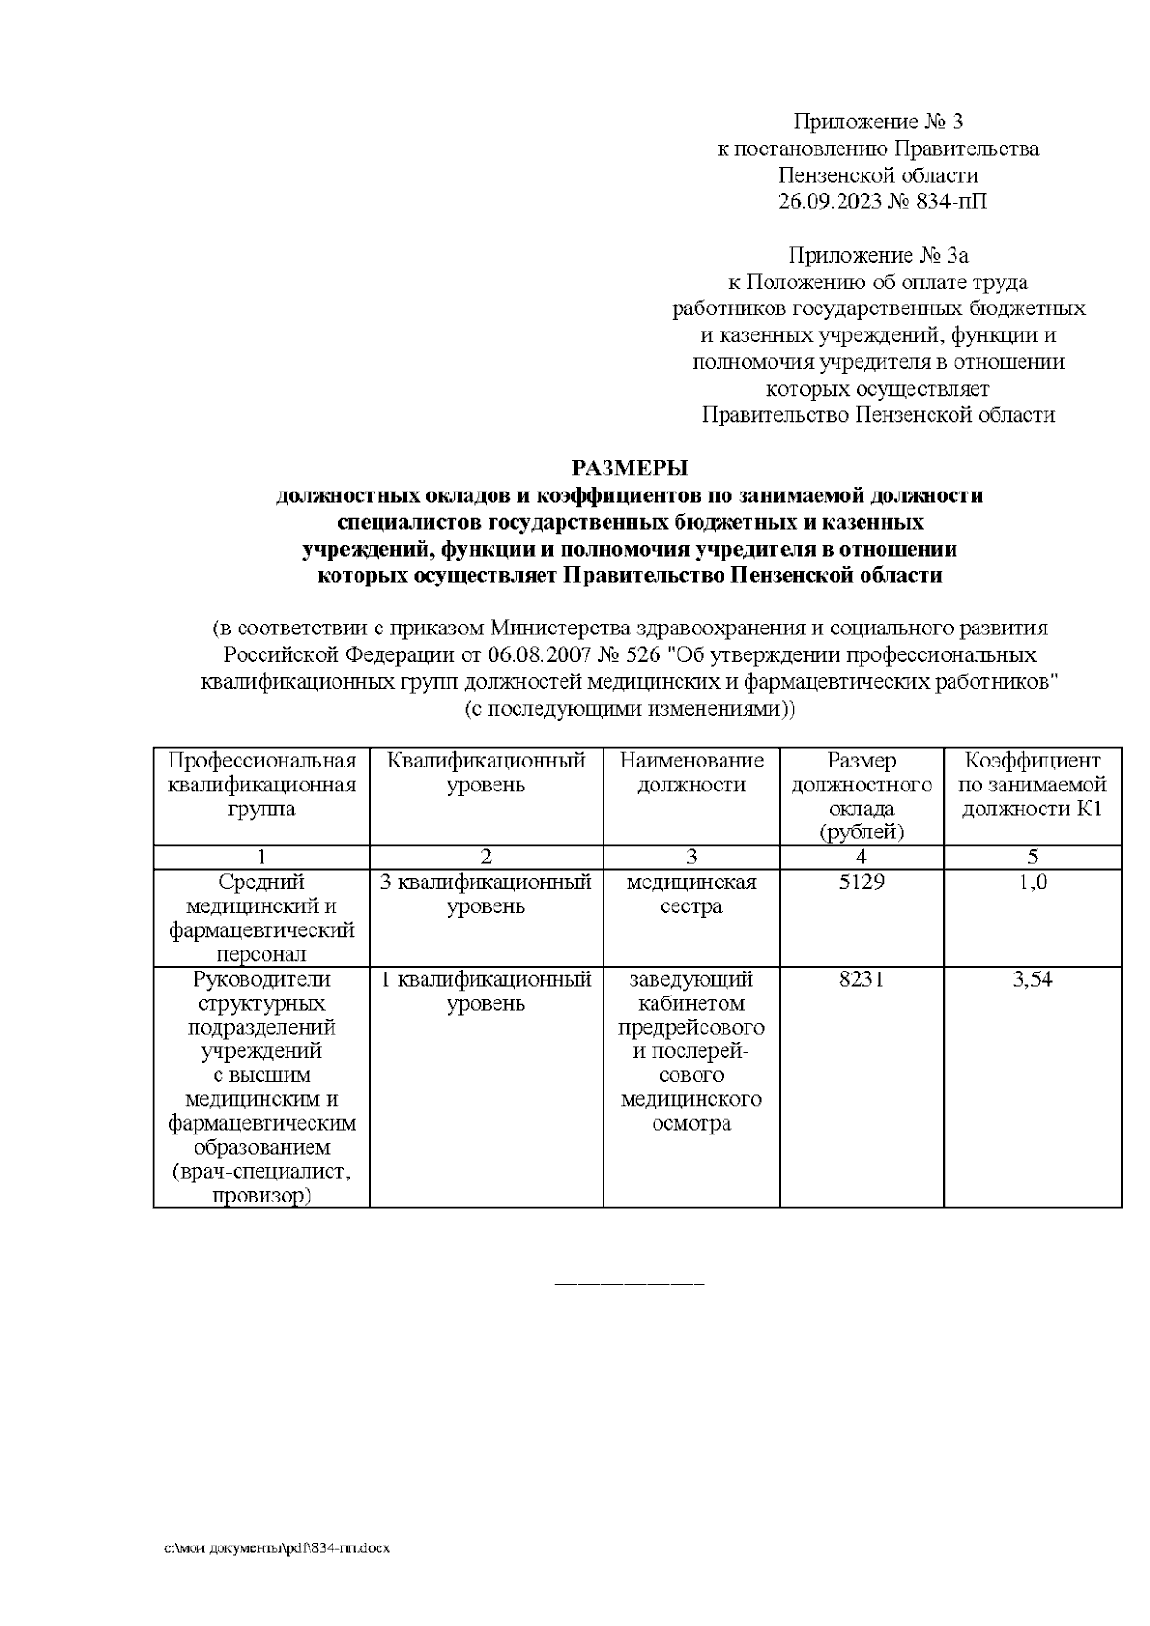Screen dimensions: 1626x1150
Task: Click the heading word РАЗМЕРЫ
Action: (630, 469)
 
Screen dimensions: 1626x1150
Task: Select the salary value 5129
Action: (861, 882)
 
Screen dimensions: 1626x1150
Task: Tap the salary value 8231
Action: (861, 980)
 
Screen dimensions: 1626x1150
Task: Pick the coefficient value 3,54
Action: (1032, 980)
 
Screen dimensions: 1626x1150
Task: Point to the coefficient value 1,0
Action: (1032, 882)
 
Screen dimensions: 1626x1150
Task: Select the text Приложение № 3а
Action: (878, 256)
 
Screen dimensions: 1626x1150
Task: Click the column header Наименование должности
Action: (691, 773)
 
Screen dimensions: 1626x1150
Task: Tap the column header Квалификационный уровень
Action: (486, 773)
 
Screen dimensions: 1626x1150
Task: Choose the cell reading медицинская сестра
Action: (691, 894)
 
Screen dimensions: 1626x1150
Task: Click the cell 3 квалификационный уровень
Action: (486, 894)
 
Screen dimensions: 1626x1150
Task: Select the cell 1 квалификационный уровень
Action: (486, 992)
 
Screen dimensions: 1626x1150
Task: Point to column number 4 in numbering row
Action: (861, 857)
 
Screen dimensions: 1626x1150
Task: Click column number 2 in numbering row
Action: (486, 857)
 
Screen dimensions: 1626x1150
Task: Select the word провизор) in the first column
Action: (262, 1196)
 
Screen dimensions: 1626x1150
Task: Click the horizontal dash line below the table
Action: (630, 1281)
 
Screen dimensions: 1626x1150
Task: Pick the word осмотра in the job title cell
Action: (691, 1124)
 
